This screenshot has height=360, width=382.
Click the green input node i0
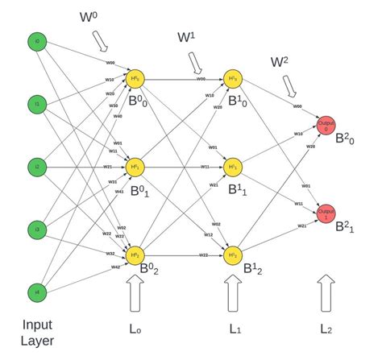pos(35,41)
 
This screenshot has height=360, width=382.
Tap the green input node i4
pos(35,292)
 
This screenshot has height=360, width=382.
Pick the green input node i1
pos(35,104)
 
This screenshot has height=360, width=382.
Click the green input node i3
pos(35,230)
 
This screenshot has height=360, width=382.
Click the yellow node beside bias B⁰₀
pos(135,79)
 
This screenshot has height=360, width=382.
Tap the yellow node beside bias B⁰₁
pos(135,167)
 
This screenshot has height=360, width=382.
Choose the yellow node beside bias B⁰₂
pos(135,254)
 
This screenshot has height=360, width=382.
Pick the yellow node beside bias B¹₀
pos(234,79)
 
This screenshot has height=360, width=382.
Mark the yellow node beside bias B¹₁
pos(234,167)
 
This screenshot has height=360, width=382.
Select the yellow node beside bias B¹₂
pos(234,254)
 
